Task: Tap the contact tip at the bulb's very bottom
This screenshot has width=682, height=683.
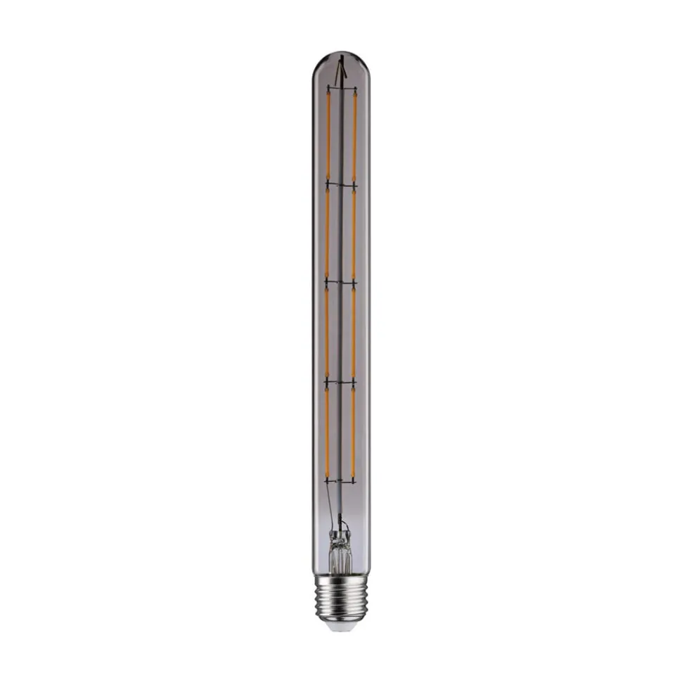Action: coord(341,625)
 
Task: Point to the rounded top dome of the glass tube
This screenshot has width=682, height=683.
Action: coord(341,59)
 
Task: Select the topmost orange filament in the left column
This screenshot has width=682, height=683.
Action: coord(328,135)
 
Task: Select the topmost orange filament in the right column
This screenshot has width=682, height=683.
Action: coord(354,135)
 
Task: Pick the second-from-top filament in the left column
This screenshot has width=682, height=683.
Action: coord(327,232)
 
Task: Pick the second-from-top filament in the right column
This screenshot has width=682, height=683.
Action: coord(354,232)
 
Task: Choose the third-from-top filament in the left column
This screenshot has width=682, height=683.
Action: coord(327,331)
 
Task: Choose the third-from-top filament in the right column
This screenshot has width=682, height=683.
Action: coord(354,331)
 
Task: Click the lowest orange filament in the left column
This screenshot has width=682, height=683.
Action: coord(327,430)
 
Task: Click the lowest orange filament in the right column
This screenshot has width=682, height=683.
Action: coord(354,430)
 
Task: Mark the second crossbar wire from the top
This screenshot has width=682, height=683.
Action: coord(341,184)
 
